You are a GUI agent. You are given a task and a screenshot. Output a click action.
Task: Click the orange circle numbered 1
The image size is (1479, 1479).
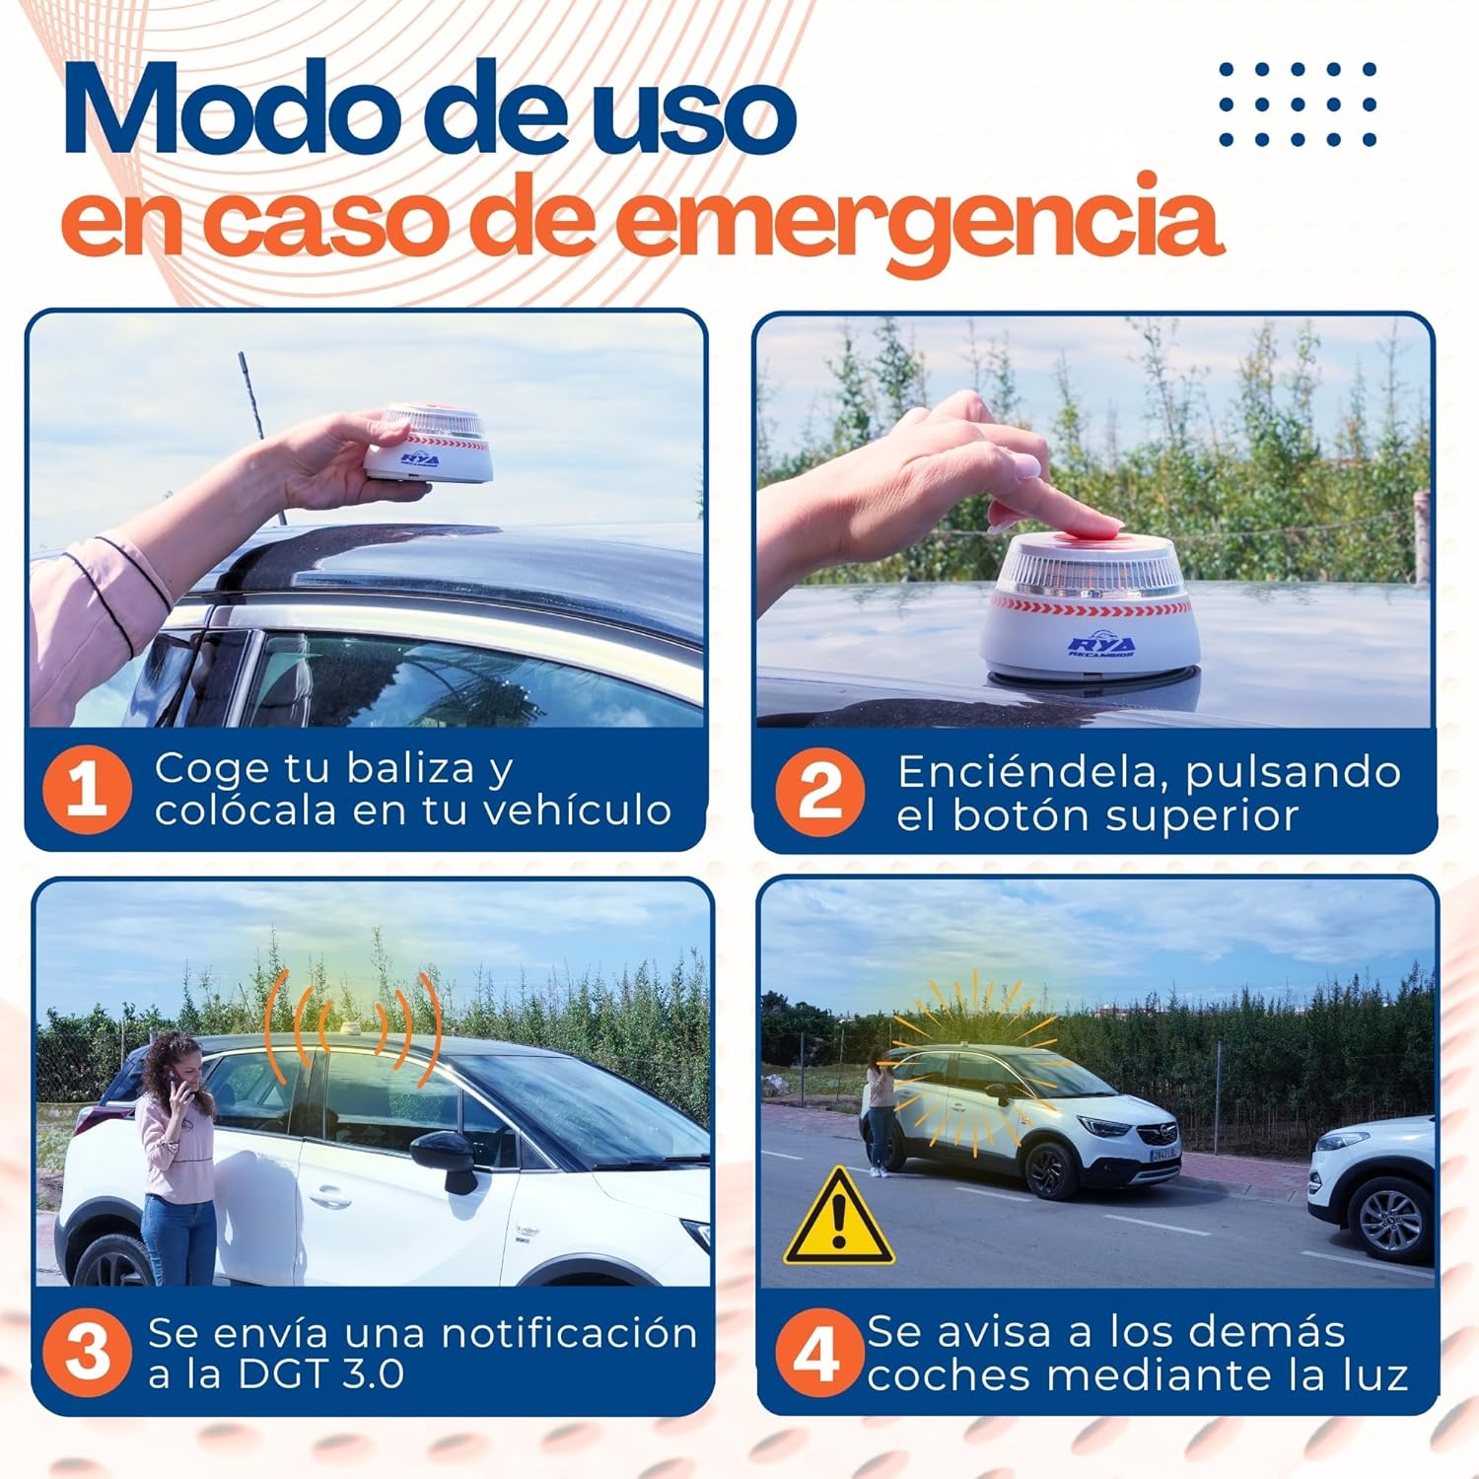(87, 790)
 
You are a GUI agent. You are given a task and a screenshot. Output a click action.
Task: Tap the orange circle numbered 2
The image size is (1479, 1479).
(820, 792)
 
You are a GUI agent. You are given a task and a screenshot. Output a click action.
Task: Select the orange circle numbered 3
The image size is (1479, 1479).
(88, 1352)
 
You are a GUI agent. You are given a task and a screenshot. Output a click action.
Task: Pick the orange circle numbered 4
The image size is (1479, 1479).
(815, 1352)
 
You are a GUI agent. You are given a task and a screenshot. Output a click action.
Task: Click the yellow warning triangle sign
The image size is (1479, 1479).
(838, 1220)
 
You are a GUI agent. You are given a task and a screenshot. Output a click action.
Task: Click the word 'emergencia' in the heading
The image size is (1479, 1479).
(922, 219)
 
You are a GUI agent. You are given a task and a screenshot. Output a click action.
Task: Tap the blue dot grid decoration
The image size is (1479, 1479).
(1298, 104)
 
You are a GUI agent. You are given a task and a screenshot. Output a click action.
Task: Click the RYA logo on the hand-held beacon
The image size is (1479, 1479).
(419, 459)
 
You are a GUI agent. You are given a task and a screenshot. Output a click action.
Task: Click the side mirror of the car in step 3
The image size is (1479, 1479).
(446, 1158)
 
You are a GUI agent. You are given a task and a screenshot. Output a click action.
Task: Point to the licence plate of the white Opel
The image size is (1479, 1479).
(1164, 1153)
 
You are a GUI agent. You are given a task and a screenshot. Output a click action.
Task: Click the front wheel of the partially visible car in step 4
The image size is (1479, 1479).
(1391, 1221)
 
